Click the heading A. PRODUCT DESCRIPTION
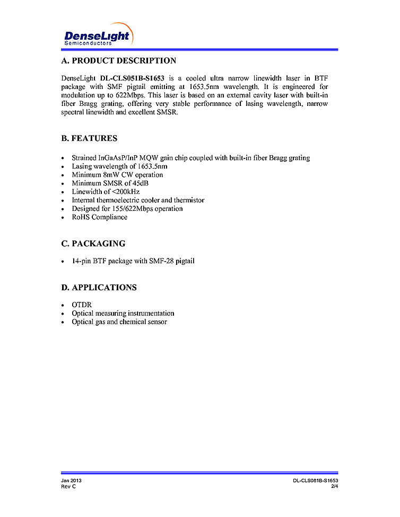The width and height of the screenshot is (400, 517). click(x=119, y=61)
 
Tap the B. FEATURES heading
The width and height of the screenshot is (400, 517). click(x=89, y=139)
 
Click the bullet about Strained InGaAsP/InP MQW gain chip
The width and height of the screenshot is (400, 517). click(x=190, y=158)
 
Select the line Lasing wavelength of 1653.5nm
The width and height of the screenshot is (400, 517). click(x=119, y=166)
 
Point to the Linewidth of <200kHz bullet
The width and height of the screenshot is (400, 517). click(x=106, y=192)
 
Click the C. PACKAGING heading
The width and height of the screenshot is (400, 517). click(x=93, y=244)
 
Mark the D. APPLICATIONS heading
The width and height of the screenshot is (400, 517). click(x=99, y=288)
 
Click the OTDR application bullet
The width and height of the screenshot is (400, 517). click(x=82, y=305)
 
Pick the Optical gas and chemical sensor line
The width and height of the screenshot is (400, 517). click(x=119, y=322)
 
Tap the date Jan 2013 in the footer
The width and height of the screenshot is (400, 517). click(x=71, y=480)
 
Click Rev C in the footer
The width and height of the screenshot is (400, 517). click(x=68, y=486)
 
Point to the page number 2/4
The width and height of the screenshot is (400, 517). click(x=334, y=486)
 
